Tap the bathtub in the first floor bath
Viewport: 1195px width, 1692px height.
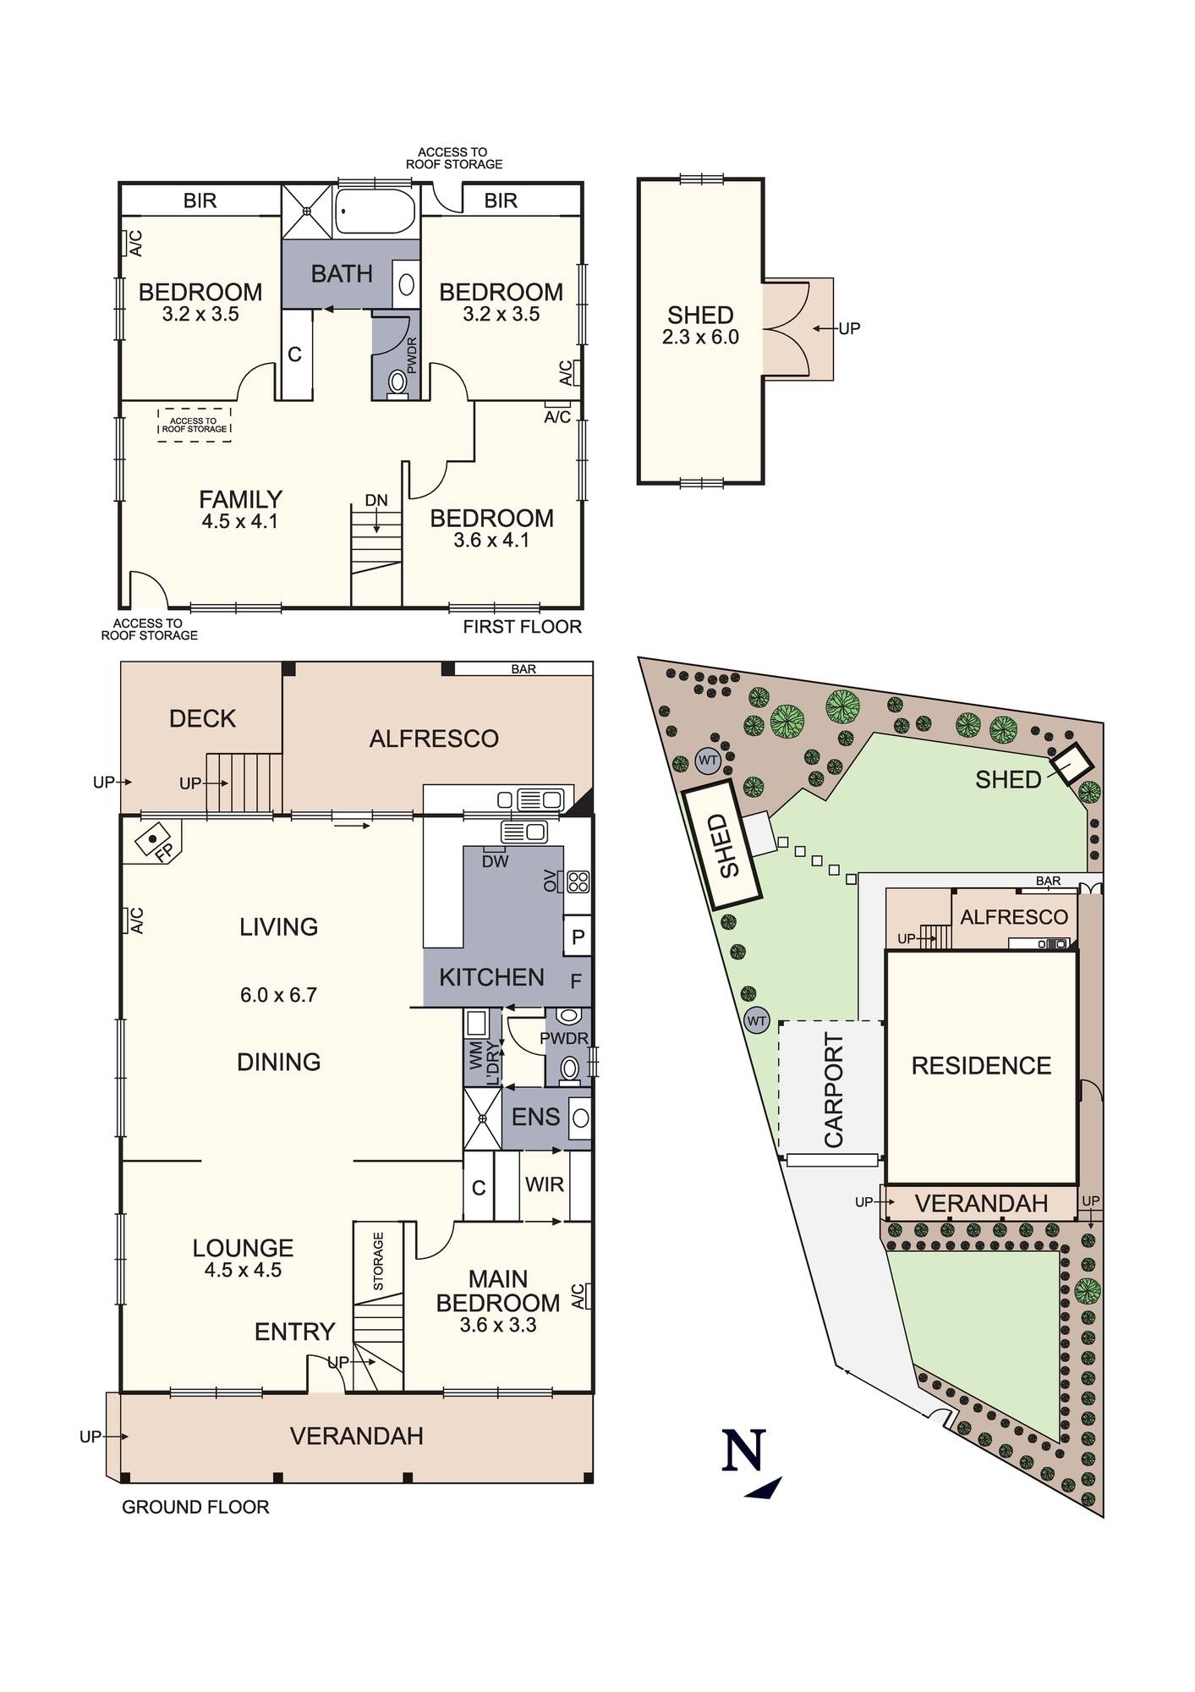pos(375,211)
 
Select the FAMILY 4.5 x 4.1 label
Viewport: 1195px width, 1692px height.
pos(240,509)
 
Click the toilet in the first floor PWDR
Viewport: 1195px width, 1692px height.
pos(397,383)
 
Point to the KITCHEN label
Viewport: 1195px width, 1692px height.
pos(491,977)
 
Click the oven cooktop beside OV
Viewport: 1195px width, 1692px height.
pos(578,882)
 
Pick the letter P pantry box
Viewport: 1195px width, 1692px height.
pos(578,937)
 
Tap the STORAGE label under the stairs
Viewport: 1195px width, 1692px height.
pos(378,1261)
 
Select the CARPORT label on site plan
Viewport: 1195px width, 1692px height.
pos(834,1090)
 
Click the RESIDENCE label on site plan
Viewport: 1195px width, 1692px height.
pos(981,1065)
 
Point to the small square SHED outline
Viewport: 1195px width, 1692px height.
pos(1072,765)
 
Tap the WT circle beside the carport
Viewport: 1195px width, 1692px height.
pos(756,1021)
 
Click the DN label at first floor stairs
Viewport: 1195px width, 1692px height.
pos(376,500)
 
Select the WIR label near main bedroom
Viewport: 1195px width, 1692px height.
pos(544,1184)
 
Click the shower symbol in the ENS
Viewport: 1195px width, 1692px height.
pos(482,1118)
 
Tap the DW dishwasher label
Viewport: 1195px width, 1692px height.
pos(495,861)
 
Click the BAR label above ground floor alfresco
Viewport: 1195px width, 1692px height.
pos(523,668)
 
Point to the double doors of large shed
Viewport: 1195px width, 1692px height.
pos(787,329)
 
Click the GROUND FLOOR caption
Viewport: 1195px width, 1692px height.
pos(195,1507)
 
